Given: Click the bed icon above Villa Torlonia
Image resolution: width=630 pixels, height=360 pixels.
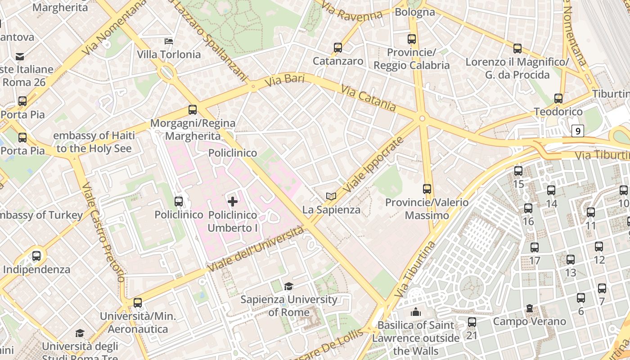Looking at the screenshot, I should tap(169, 41).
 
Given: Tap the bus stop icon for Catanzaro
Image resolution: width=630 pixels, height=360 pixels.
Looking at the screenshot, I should tap(338, 47).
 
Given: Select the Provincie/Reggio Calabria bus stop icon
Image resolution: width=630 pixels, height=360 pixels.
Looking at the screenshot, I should tap(412, 39).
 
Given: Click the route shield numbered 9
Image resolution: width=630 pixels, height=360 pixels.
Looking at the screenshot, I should tap(578, 131).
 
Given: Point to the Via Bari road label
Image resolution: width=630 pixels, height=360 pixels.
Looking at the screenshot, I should tap(284, 81).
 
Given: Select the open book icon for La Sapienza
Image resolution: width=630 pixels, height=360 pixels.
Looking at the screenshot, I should tap(331, 196).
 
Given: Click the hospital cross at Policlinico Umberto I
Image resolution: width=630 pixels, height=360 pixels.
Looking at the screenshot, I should tap(233, 202).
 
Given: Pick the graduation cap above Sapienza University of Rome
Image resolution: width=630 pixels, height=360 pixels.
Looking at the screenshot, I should tap(288, 286).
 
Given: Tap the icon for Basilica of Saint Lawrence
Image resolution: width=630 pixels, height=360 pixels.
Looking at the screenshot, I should tap(415, 311).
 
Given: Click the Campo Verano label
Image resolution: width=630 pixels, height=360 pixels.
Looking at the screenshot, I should tap(529, 321).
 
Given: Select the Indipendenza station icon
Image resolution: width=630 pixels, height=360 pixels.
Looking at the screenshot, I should tap(36, 256).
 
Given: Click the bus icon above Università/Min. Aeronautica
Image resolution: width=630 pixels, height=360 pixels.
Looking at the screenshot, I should tap(138, 303).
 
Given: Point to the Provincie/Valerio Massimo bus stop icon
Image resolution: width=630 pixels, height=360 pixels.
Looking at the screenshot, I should tap(427, 189).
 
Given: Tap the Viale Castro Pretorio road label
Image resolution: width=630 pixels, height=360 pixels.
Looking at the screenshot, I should tap(103, 232).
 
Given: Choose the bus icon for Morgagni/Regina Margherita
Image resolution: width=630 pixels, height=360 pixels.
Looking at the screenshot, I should tap(193, 109).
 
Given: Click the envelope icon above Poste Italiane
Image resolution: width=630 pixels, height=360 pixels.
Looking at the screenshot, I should tap(20, 56).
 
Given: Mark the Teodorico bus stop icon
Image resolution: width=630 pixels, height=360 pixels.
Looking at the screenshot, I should tap(558, 98).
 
